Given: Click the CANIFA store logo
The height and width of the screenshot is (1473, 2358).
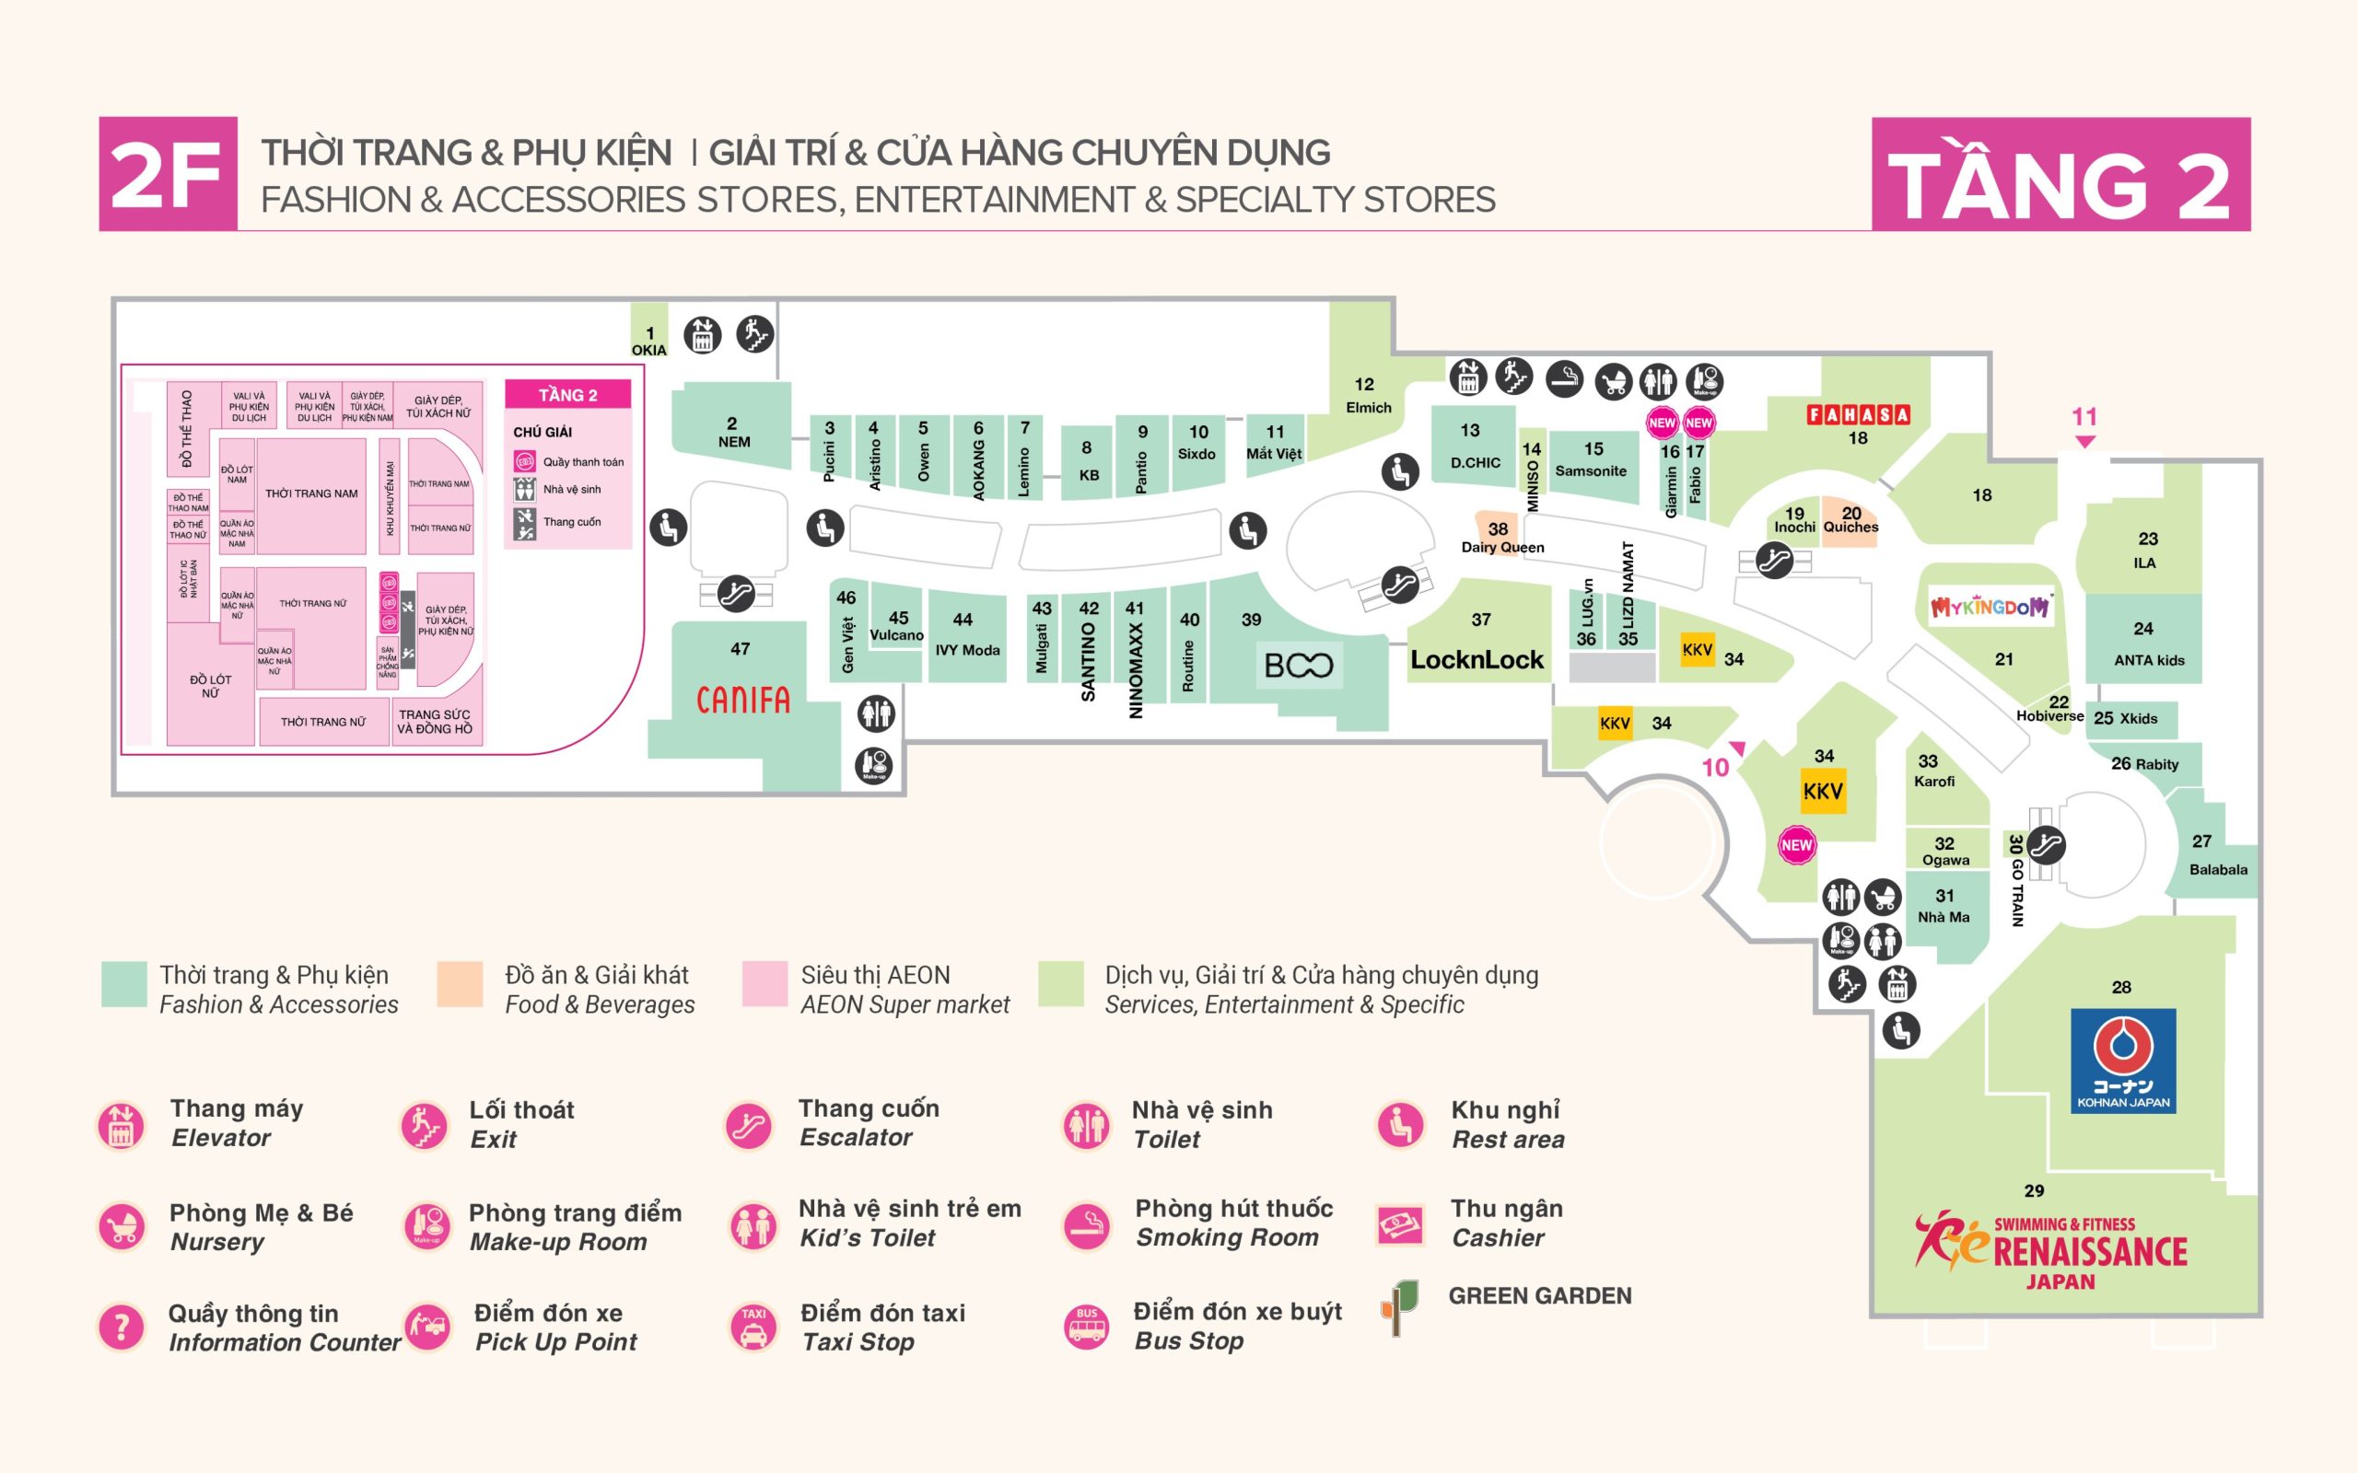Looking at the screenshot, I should coord(742,700).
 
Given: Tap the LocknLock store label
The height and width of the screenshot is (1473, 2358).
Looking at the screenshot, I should coord(1477,659).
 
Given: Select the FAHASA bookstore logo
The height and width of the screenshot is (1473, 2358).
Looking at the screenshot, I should coord(1858,415).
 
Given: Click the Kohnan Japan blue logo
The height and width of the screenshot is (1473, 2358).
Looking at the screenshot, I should coord(2122,1061).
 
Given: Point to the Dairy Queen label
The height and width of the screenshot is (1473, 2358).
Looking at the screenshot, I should coord(1501,548).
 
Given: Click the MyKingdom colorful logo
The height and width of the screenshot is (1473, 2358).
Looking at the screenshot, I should coord(1990,607).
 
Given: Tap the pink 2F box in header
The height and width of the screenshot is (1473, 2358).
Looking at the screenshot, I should coord(168,174).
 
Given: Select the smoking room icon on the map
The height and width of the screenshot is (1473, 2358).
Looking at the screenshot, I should coord(1564,379).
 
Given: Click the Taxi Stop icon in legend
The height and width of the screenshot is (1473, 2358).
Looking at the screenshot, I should coord(753,1327).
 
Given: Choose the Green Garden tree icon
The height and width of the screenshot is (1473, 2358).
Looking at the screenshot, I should coord(1399,1307).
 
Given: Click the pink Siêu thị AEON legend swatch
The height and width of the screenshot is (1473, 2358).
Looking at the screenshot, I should coord(764,984).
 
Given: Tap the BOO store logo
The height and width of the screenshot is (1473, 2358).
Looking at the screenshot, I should coord(1298,666).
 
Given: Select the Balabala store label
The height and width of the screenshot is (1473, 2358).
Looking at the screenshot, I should coord(2218,869).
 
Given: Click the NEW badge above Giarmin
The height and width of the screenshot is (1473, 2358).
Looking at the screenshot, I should coord(1662,423).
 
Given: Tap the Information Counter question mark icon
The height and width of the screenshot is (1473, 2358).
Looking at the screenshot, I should coord(122,1327).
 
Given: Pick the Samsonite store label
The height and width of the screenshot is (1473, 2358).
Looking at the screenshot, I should coord(1590,470).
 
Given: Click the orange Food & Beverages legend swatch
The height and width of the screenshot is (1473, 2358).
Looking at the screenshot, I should coord(460,984).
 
